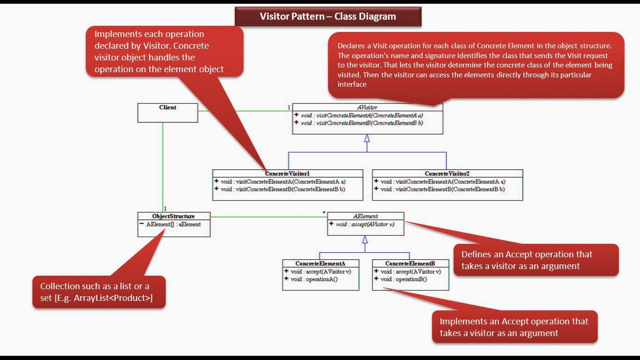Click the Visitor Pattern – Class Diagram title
click(x=327, y=16)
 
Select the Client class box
click(x=167, y=112)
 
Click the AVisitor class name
click(x=367, y=107)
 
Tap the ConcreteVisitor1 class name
click(x=287, y=173)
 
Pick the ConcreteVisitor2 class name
click(x=447, y=173)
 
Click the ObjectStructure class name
click(x=173, y=216)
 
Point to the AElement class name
click(x=365, y=216)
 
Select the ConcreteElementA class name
click(x=320, y=263)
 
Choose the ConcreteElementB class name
click(x=410, y=263)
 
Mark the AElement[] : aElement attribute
click(x=173, y=225)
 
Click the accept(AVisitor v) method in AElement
click(x=365, y=225)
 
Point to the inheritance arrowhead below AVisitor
click(x=367, y=138)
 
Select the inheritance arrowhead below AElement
click(x=365, y=240)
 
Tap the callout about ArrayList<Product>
click(x=99, y=292)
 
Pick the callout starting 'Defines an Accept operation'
click(x=536, y=260)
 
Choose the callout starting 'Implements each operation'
click(x=164, y=52)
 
